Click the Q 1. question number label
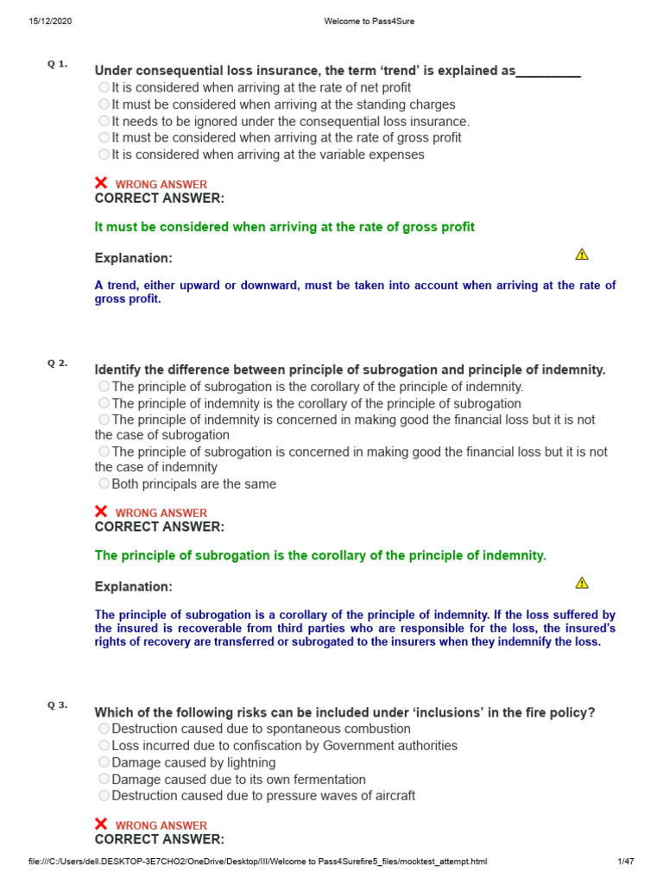[x=58, y=65]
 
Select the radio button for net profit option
[x=104, y=87]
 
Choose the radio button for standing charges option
[x=104, y=104]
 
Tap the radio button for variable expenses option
[x=104, y=155]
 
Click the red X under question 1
[x=101, y=183]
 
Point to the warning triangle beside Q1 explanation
[x=582, y=254]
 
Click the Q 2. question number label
[x=58, y=363]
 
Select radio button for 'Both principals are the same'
[x=104, y=483]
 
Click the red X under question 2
[x=101, y=512]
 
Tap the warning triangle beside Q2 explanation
[x=582, y=583]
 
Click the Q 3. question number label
[x=58, y=705]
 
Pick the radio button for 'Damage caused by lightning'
[x=104, y=762]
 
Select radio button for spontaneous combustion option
[x=104, y=729]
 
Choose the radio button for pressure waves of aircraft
[x=104, y=795]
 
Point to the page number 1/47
[x=626, y=862]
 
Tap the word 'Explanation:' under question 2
[x=133, y=587]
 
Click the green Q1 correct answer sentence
[x=284, y=227]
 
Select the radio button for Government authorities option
[x=104, y=745]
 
